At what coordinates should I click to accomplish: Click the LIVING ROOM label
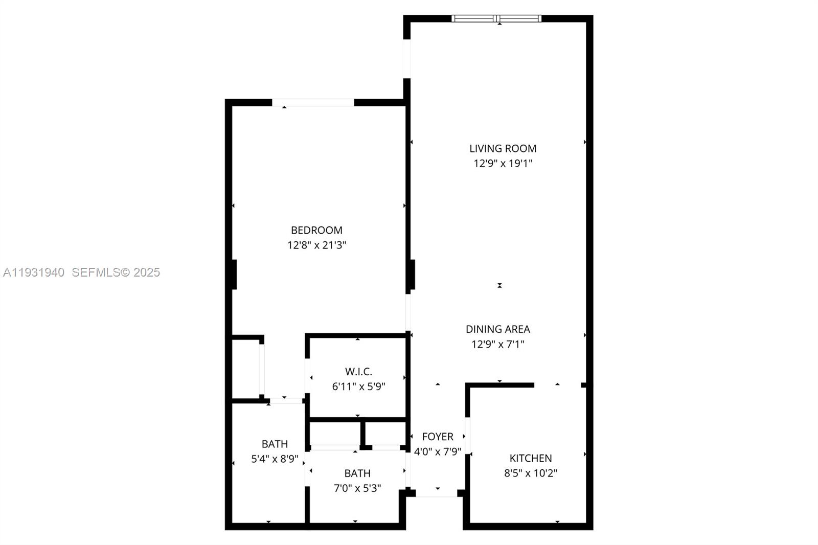[x=503, y=149]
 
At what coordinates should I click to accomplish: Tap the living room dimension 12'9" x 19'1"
[x=503, y=164]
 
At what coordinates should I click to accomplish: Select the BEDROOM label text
[x=316, y=231]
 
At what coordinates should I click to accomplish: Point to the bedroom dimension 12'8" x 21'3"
[x=316, y=245]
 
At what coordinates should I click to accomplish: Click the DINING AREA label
[x=497, y=329]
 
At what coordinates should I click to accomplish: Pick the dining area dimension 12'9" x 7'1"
[x=497, y=344]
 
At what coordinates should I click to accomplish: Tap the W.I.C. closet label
[x=358, y=372]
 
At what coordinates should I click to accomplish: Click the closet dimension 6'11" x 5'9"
[x=358, y=387]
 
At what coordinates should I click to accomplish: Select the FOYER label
[x=438, y=437]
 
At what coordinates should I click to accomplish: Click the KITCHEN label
[x=531, y=459]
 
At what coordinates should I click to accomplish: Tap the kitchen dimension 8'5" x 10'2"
[x=531, y=473]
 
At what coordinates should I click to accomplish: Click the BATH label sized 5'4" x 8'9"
[x=275, y=444]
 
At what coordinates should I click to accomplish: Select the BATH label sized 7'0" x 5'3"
[x=357, y=473]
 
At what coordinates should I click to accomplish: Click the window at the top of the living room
[x=496, y=19]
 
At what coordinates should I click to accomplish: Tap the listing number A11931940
[x=34, y=272]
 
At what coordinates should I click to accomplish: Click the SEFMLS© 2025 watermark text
[x=116, y=272]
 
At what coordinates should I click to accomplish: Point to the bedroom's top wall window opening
[x=312, y=103]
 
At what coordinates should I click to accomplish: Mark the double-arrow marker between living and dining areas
[x=499, y=286]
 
